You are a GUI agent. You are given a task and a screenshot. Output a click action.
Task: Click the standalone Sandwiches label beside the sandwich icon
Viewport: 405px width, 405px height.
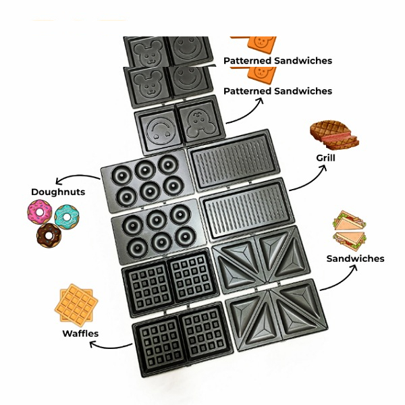pos(355,259)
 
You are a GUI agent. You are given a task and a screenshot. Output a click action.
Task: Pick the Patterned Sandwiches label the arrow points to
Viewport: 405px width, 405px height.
pos(277,91)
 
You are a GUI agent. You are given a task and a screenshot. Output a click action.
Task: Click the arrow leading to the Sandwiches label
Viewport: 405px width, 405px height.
pos(337,278)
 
